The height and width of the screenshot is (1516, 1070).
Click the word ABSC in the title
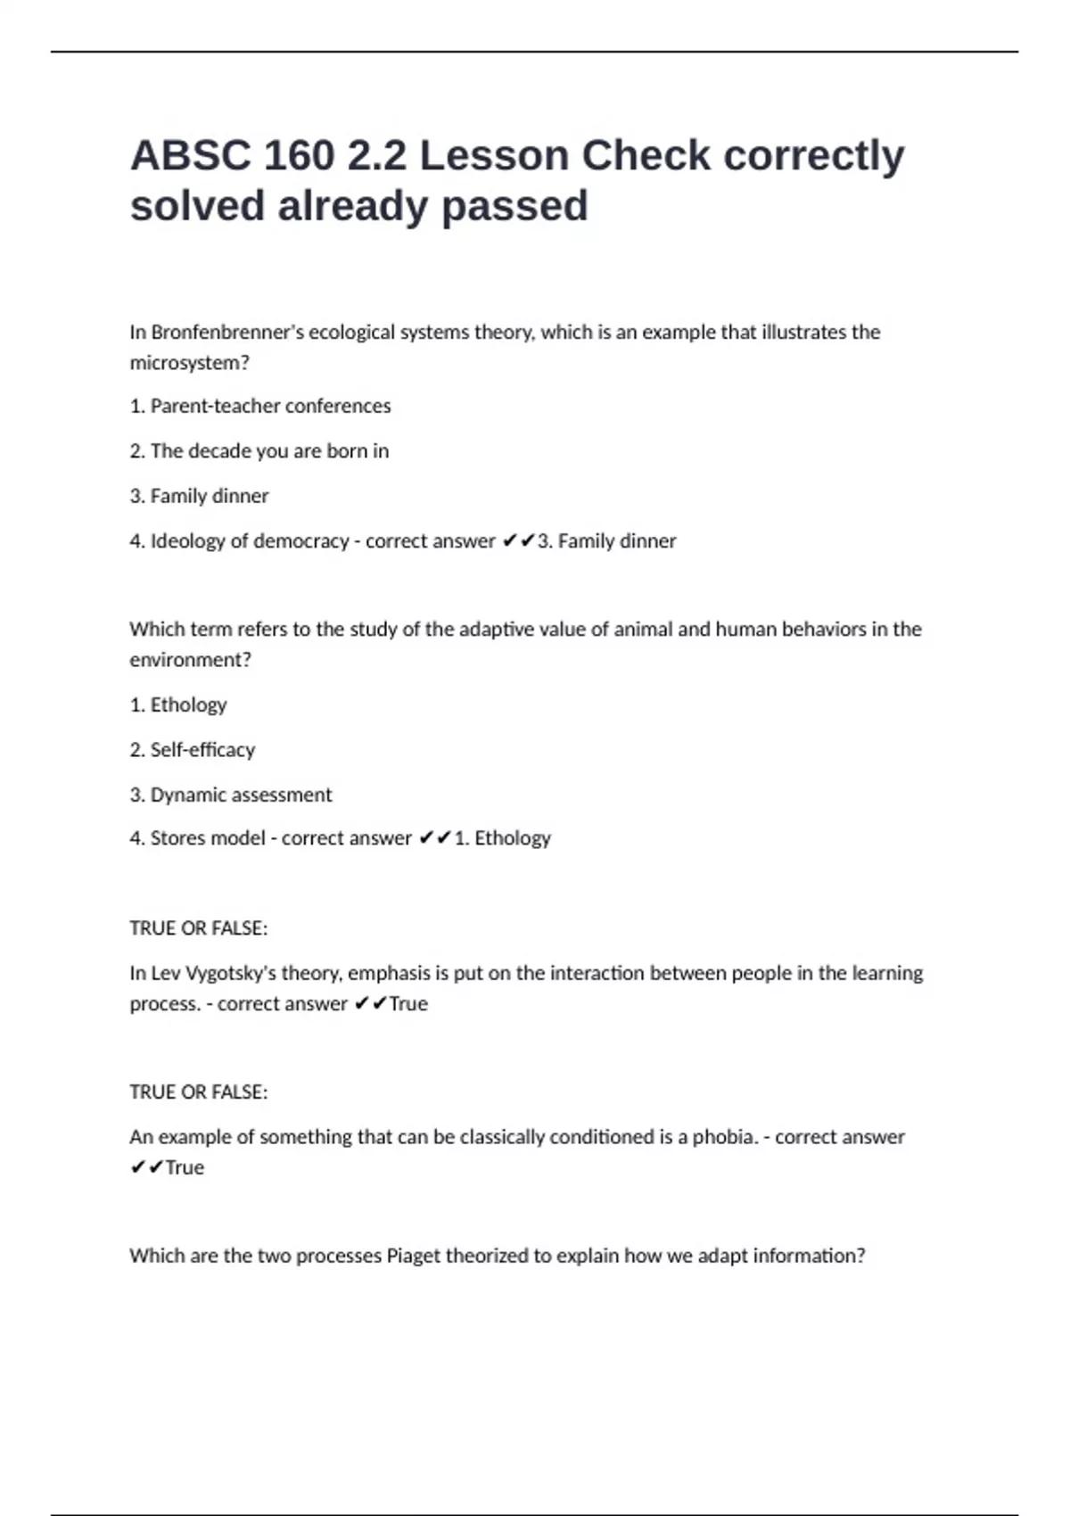coord(191,156)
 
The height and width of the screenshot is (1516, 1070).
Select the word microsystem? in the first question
coord(189,363)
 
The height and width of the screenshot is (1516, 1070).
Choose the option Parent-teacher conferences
coord(260,406)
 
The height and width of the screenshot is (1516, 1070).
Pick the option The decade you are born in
coord(259,451)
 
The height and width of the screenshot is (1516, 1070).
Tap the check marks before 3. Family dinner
coord(518,540)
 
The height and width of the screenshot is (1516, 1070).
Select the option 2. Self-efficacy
coord(193,750)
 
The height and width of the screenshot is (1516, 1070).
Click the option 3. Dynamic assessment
coord(231,795)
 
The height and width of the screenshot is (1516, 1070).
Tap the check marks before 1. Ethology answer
coord(435,838)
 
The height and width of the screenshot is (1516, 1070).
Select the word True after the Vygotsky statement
coord(408,1004)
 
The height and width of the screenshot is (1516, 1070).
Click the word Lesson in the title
coord(494,156)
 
